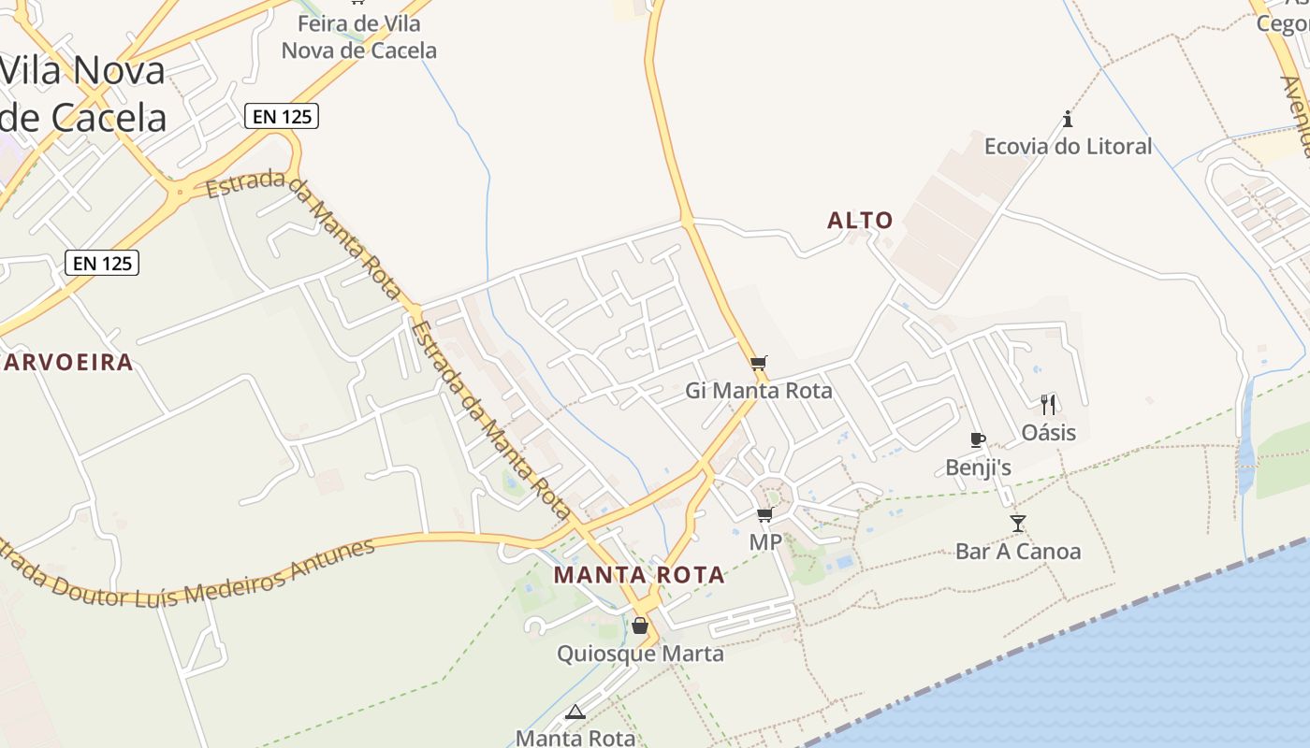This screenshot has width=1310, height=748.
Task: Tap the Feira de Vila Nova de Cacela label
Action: (x=359, y=37)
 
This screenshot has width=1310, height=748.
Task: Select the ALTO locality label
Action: (x=860, y=221)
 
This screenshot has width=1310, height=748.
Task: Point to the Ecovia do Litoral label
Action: (x=1068, y=147)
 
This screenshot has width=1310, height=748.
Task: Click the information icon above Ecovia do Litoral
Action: (x=1068, y=119)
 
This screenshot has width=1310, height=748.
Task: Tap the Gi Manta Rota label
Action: (x=759, y=391)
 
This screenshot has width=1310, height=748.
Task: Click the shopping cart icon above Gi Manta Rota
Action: (x=759, y=363)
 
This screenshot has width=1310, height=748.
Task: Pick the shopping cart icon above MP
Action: (x=765, y=514)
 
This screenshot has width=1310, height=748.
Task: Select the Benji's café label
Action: (x=978, y=467)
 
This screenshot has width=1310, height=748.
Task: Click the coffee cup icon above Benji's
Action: (x=978, y=439)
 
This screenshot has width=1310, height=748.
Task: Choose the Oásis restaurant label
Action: (x=1048, y=433)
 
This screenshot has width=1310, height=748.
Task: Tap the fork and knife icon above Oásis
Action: (x=1048, y=404)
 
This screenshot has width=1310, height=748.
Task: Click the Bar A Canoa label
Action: (x=1017, y=552)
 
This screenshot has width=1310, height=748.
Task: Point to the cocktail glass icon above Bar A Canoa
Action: (x=1018, y=524)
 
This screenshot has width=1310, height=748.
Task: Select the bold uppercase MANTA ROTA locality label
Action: (x=639, y=575)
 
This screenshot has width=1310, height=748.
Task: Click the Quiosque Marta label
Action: (x=640, y=654)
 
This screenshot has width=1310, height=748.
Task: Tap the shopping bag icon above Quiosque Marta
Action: (x=640, y=626)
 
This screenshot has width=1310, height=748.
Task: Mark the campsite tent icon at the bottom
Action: (x=575, y=712)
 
